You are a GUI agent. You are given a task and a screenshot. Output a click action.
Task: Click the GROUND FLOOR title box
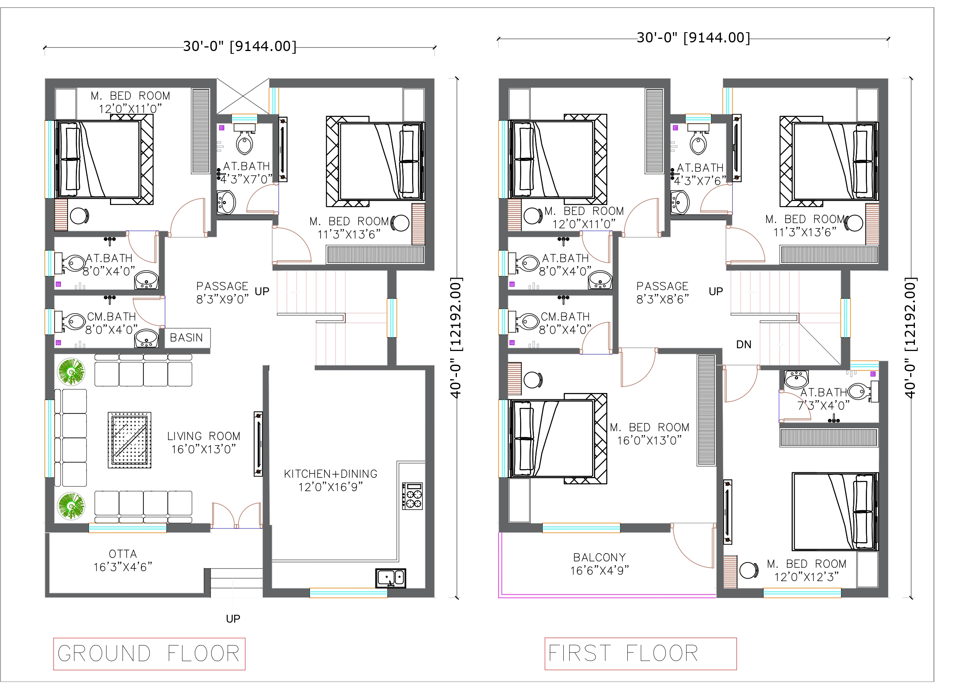point(150,654)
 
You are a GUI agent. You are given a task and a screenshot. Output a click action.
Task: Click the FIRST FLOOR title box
point(640,654)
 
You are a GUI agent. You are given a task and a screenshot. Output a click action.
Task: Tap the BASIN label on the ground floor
point(187,338)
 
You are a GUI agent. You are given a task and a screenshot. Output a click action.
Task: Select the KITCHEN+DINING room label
point(330,474)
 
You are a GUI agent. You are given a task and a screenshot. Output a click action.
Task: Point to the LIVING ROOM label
point(203,436)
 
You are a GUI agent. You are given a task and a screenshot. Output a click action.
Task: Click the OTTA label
point(123,554)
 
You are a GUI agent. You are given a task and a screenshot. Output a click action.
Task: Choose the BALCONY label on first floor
point(599,557)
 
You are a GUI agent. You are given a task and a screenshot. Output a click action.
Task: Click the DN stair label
point(744,345)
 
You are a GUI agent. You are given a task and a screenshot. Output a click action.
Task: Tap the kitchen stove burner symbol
point(412,496)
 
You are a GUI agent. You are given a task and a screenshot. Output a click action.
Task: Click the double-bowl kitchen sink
point(391,578)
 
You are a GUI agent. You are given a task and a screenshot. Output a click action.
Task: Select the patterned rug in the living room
point(130,440)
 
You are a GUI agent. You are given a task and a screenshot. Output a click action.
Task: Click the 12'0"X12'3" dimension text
point(806,577)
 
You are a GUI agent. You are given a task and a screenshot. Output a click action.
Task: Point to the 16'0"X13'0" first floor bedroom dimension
point(649,440)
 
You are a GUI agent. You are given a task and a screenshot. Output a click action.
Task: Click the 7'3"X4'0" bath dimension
point(823,406)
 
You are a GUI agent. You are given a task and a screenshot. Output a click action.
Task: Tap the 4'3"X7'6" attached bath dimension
point(700,181)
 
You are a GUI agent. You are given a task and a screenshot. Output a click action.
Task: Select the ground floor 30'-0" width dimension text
point(240,46)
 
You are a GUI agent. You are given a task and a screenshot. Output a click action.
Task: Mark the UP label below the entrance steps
point(233,619)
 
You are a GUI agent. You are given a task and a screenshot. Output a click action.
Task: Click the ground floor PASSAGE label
point(222,286)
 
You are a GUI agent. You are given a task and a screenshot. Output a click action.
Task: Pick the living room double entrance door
point(236,515)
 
